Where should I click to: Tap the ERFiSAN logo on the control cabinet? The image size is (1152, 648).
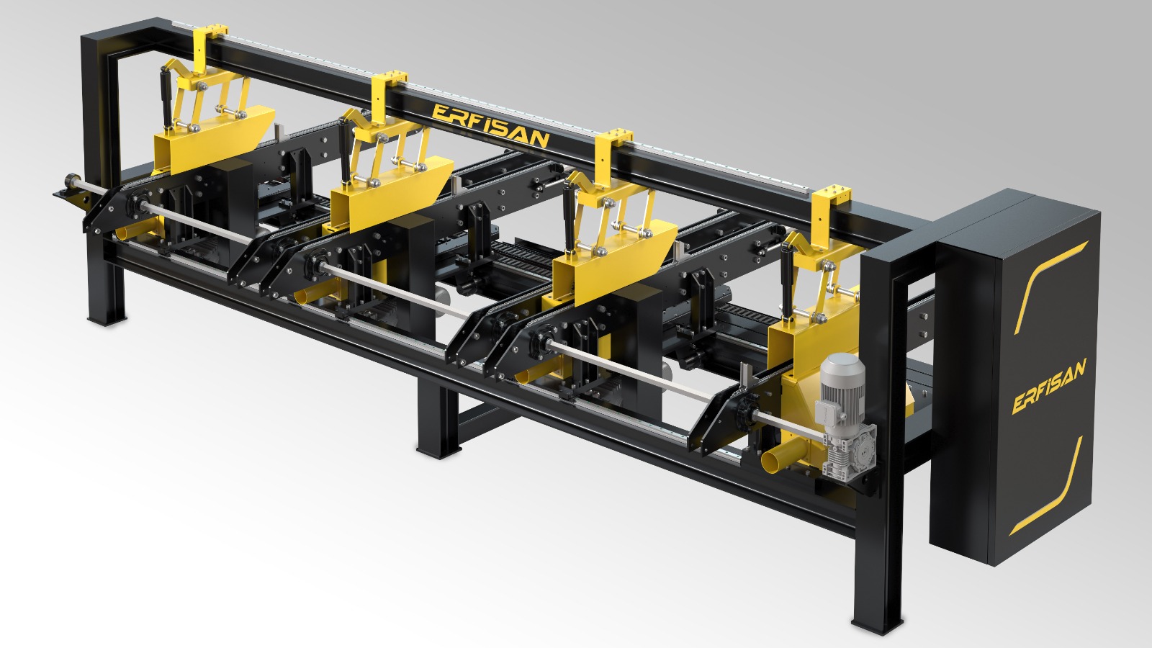[1049, 386]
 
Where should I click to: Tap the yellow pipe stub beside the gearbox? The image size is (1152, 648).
[779, 458]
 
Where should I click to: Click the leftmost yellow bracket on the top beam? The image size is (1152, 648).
[210, 46]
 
